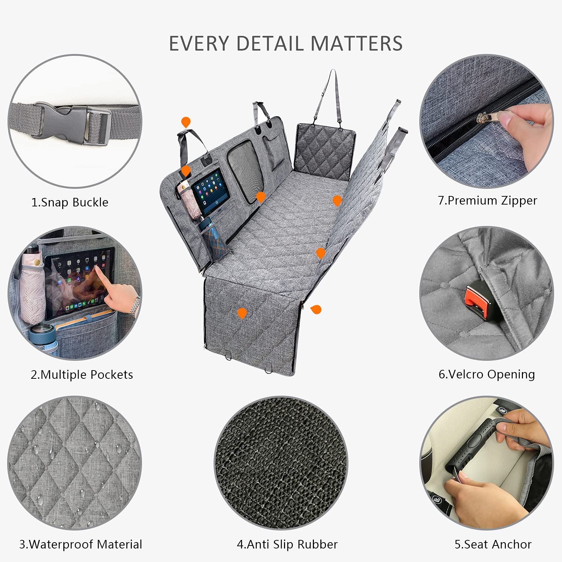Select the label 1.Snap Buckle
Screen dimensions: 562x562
[70, 202]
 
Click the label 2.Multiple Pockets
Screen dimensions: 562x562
[82, 375]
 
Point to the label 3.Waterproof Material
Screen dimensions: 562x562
[81, 544]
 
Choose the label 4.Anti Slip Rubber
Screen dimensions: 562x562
[287, 544]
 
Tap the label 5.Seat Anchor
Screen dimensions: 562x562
[493, 544]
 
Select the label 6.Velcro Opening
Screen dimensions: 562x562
[487, 374]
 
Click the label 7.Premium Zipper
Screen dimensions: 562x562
[487, 200]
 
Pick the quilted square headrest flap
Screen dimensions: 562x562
[324, 150]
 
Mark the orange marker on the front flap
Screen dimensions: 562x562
[242, 312]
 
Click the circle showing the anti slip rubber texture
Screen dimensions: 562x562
[281, 463]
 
